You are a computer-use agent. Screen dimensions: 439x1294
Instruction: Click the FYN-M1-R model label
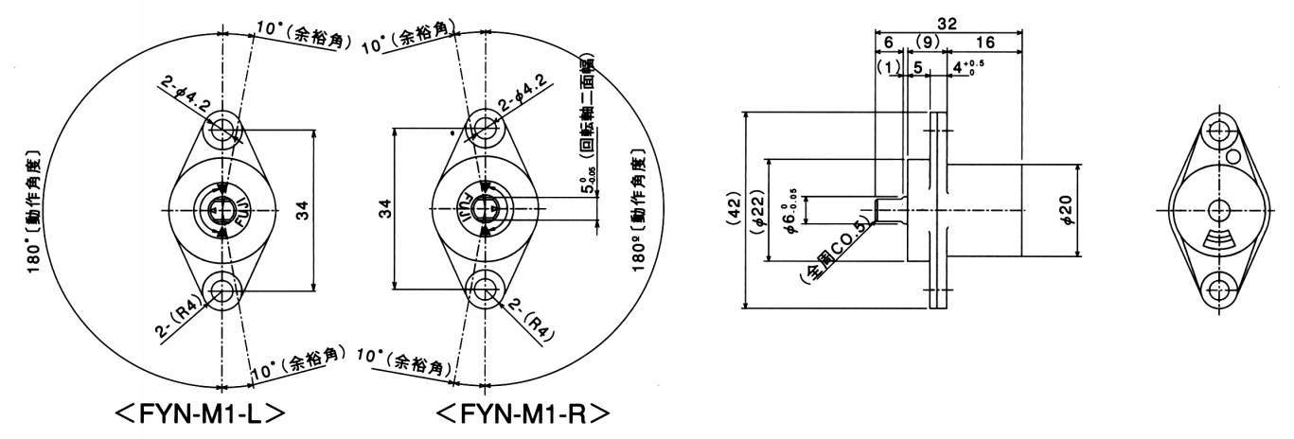[523, 415]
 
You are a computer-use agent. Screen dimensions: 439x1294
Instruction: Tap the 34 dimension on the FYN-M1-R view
[386, 209]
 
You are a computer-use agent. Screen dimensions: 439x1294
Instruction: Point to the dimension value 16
[984, 43]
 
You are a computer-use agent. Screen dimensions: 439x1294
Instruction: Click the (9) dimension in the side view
[928, 43]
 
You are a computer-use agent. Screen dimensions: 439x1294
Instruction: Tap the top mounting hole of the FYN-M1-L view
[222, 127]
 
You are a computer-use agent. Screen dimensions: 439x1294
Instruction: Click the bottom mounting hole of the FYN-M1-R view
[484, 286]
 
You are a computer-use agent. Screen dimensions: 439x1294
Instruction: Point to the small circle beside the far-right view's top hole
[1234, 155]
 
